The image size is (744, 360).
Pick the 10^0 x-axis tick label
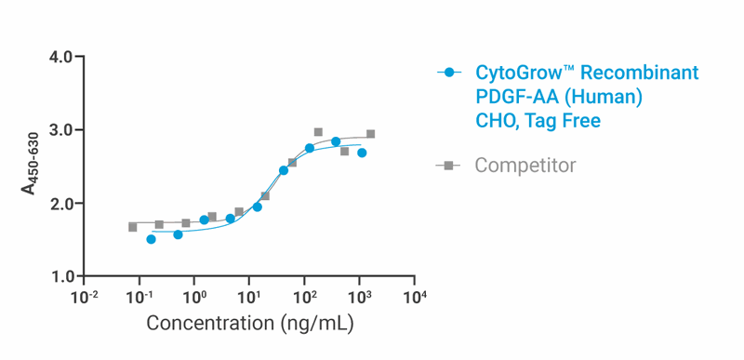coord(194,297)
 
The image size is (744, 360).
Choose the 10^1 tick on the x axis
coord(249,297)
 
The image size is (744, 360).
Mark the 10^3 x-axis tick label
coord(359,297)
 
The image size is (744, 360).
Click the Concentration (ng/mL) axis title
coord(249,325)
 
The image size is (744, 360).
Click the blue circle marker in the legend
coord(449,73)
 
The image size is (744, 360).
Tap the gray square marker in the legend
coord(449,166)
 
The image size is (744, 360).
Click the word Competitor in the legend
coord(525,166)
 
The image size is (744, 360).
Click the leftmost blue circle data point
coord(152,239)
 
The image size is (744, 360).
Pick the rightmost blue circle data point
coord(362,153)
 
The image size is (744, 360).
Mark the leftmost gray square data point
coord(133,227)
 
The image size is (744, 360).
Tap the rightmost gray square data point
coord(370,134)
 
